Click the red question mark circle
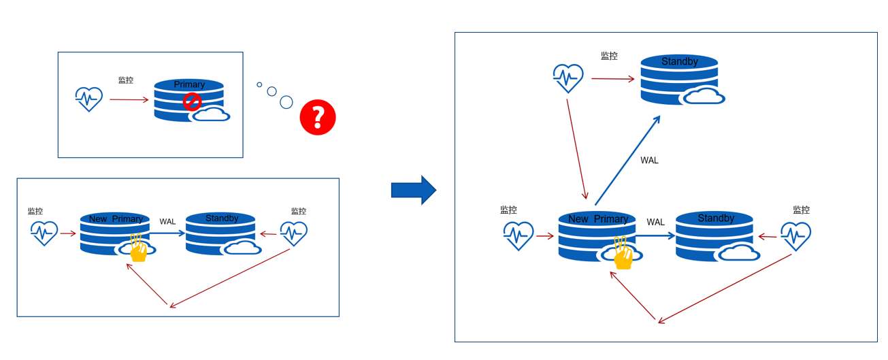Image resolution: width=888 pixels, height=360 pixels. pos(318,117)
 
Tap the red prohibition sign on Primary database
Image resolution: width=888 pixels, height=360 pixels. pos(193,102)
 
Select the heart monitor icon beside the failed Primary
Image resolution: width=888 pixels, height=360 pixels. pos(89,99)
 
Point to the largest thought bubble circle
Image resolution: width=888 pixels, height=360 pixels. pos(286,102)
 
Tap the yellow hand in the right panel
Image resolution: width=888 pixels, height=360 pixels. pos(623,252)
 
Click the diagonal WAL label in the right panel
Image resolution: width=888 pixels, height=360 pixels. pos(649,161)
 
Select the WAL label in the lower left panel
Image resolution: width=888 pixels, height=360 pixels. pos(167,221)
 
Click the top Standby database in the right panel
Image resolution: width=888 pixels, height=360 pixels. pos(679,79)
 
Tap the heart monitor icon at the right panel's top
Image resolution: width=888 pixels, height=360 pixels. pos(568,78)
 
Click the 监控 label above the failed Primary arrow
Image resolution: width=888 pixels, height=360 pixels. pos(126,80)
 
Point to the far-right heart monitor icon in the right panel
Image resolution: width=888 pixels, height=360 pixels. pos(795,236)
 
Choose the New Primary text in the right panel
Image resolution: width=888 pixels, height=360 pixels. pos(597,219)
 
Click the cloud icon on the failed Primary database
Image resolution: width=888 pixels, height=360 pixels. pos(210,114)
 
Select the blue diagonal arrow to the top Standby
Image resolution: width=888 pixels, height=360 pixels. pos(627,160)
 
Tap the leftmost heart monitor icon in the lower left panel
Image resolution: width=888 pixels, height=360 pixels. pos(44,233)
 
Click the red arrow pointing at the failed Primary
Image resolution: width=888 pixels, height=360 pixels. pos(129,100)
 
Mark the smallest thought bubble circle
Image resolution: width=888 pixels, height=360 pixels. pos(259,84)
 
